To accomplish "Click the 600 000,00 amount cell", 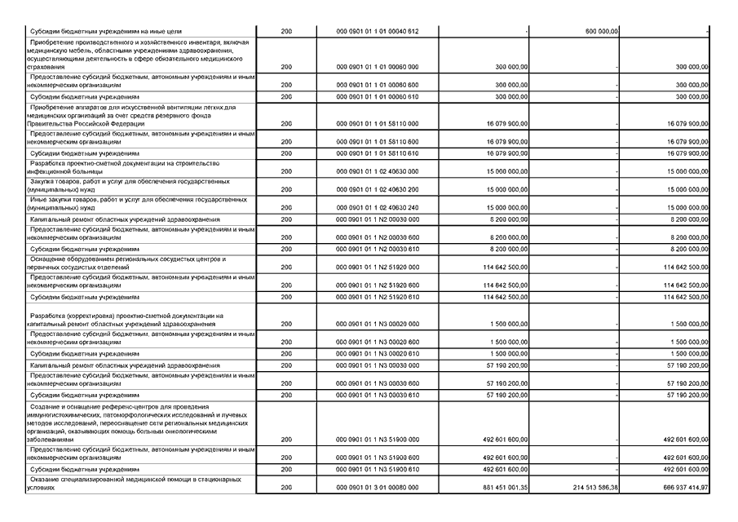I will pyautogui.click(x=602, y=31).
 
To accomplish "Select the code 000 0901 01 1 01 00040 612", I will pyautogui.click(x=377, y=31).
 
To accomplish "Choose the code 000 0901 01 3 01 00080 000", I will pyautogui.click(x=377, y=487).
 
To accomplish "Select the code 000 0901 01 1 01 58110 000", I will pyautogui.click(x=377, y=124).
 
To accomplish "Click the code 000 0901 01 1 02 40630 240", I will pyautogui.click(x=377, y=208).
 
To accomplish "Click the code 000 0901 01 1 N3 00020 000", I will pyautogui.click(x=377, y=324).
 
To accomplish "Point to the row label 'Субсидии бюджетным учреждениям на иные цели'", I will pyautogui.click(x=99, y=31).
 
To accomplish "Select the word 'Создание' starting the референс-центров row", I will pyautogui.click(x=47, y=405).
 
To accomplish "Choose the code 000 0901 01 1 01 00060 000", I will pyautogui.click(x=377, y=67).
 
